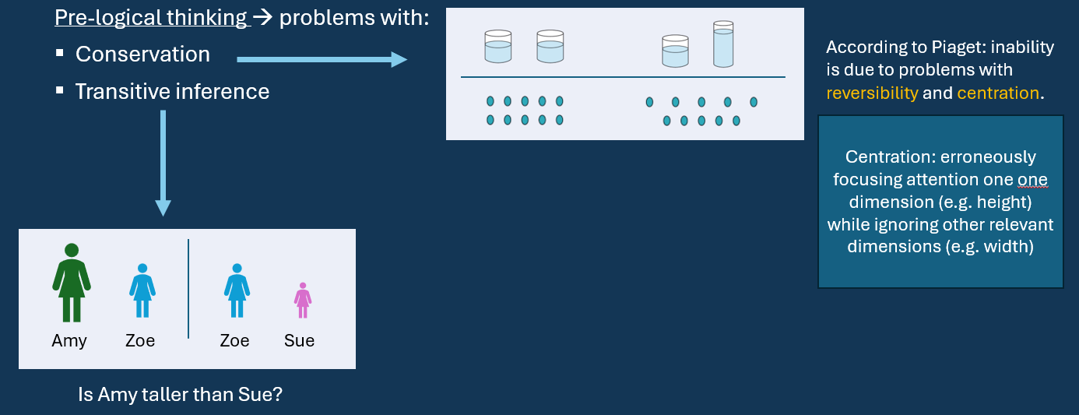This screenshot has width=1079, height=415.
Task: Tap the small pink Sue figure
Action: [303, 301]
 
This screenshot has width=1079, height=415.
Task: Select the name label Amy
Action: [69, 341]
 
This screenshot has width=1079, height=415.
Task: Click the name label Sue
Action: [299, 341]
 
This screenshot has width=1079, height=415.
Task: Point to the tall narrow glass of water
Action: [723, 44]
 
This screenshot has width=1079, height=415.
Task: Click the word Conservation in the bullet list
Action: [142, 55]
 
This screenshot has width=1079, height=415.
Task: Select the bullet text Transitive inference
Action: [172, 92]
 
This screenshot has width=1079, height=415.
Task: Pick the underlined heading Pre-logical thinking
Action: [151, 17]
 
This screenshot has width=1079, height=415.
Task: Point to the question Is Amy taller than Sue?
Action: [180, 395]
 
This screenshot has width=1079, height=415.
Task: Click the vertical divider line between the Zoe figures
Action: [188, 288]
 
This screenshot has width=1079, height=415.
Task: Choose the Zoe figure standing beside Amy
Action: [142, 290]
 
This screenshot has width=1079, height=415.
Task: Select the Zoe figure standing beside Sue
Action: [236, 290]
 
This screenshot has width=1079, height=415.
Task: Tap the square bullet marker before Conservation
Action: [59, 55]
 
